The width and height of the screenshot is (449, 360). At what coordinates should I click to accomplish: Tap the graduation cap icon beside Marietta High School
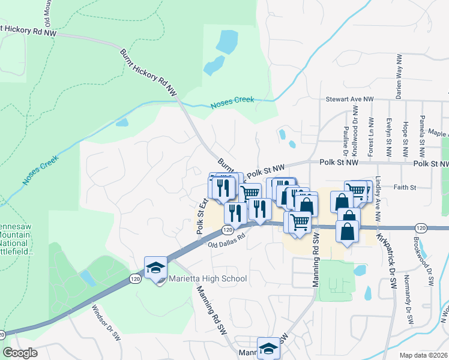(x=155, y=268)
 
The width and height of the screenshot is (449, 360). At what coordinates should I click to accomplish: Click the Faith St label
(x=405, y=187)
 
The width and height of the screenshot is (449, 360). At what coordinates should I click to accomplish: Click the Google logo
(x=20, y=353)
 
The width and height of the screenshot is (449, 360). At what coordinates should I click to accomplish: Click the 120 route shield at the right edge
(x=420, y=228)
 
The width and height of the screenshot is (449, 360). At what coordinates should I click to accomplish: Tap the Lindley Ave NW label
(x=378, y=197)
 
